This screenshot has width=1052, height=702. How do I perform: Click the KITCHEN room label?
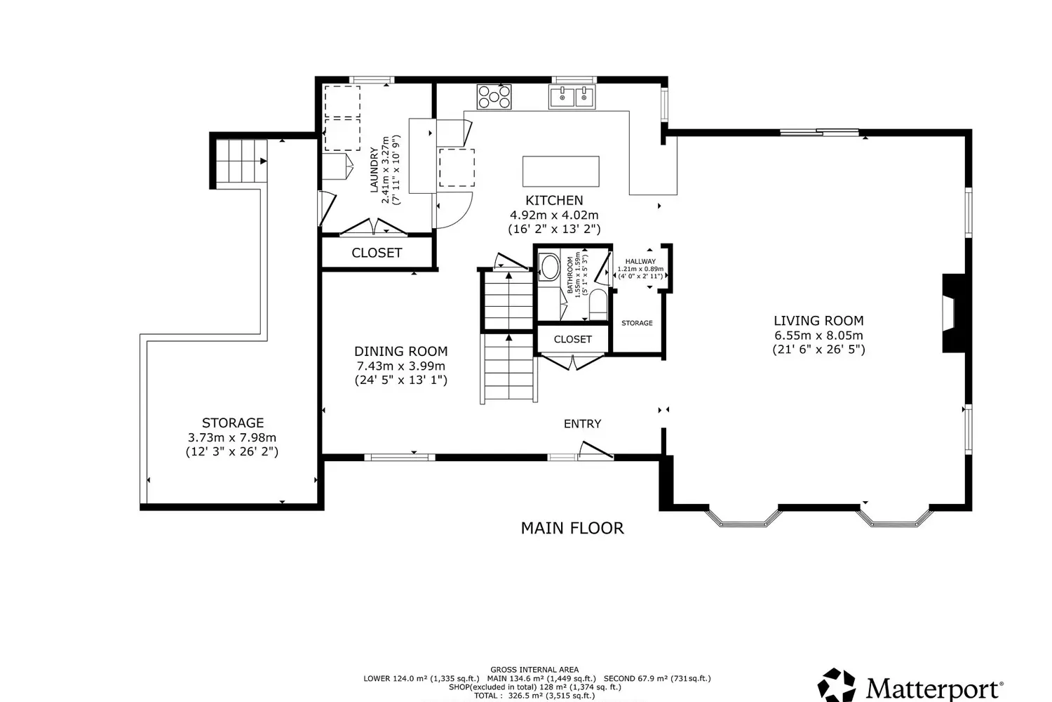click(554, 200)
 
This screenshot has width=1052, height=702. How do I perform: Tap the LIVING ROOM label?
click(818, 321)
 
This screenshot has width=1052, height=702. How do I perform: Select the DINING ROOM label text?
click(400, 351)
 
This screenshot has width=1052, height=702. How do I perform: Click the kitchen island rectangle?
click(561, 171)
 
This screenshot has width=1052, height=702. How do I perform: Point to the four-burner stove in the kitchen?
click(494, 97)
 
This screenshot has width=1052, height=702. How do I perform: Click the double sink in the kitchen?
click(572, 97)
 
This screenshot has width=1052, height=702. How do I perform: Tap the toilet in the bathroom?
click(598, 304)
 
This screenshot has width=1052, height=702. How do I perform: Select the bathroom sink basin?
click(549, 267)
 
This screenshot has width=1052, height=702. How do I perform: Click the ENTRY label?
click(582, 423)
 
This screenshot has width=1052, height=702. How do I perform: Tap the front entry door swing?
click(595, 450)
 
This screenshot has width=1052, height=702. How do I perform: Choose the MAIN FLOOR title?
click(572, 528)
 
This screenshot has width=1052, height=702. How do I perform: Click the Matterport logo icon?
click(837, 685)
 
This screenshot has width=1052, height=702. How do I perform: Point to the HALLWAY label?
click(640, 261)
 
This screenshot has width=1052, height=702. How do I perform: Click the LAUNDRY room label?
click(375, 170)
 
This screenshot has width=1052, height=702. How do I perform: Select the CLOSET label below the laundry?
click(377, 253)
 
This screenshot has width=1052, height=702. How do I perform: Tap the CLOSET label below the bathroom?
click(573, 339)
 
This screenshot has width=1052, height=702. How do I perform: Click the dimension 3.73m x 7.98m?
click(232, 437)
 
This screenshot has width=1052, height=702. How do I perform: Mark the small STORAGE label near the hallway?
click(637, 323)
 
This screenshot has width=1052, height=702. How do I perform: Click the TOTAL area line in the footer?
click(534, 696)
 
